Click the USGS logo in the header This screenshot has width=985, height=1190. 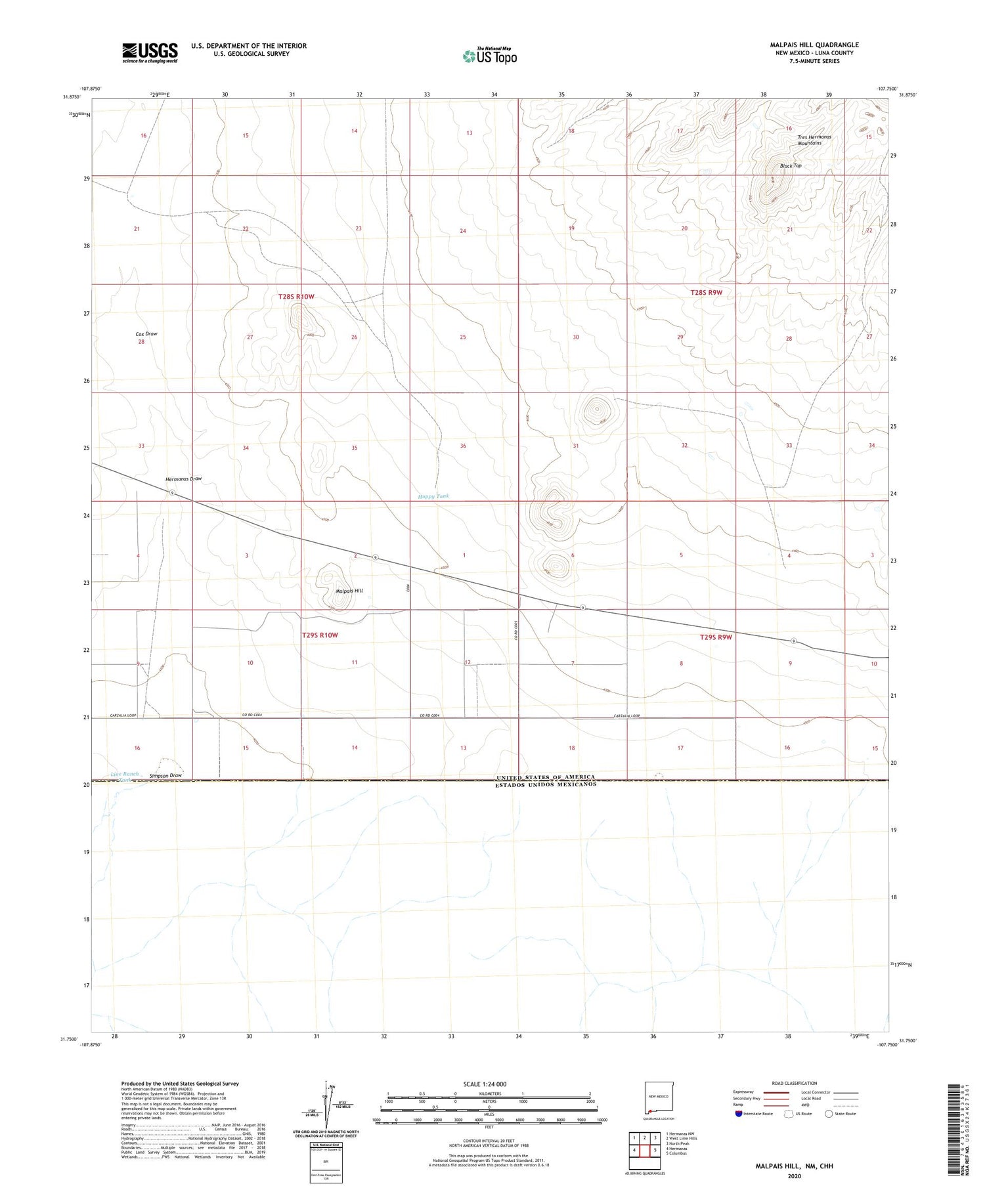tap(150, 53)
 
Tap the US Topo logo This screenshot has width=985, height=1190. tap(490, 56)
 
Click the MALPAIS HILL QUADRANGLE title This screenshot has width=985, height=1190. tap(814, 45)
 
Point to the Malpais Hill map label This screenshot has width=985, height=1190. tap(349, 591)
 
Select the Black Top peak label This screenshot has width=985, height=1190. tap(791, 166)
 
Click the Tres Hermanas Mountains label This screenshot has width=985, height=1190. tap(814, 140)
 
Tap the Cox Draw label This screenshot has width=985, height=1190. tap(146, 334)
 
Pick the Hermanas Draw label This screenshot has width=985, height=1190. tap(183, 479)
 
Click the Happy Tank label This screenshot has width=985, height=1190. tap(433, 496)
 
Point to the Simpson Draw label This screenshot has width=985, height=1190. tap(165, 776)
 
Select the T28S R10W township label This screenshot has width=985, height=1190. tap(296, 297)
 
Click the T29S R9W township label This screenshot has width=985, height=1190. tap(716, 637)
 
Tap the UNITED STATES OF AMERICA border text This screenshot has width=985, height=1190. tap(546, 777)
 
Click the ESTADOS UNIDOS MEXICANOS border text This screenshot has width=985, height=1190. tap(546, 784)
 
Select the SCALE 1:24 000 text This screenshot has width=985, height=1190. tap(485, 1084)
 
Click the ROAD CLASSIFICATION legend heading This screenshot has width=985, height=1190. tap(795, 1083)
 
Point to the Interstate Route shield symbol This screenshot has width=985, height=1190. tap(739, 1114)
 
